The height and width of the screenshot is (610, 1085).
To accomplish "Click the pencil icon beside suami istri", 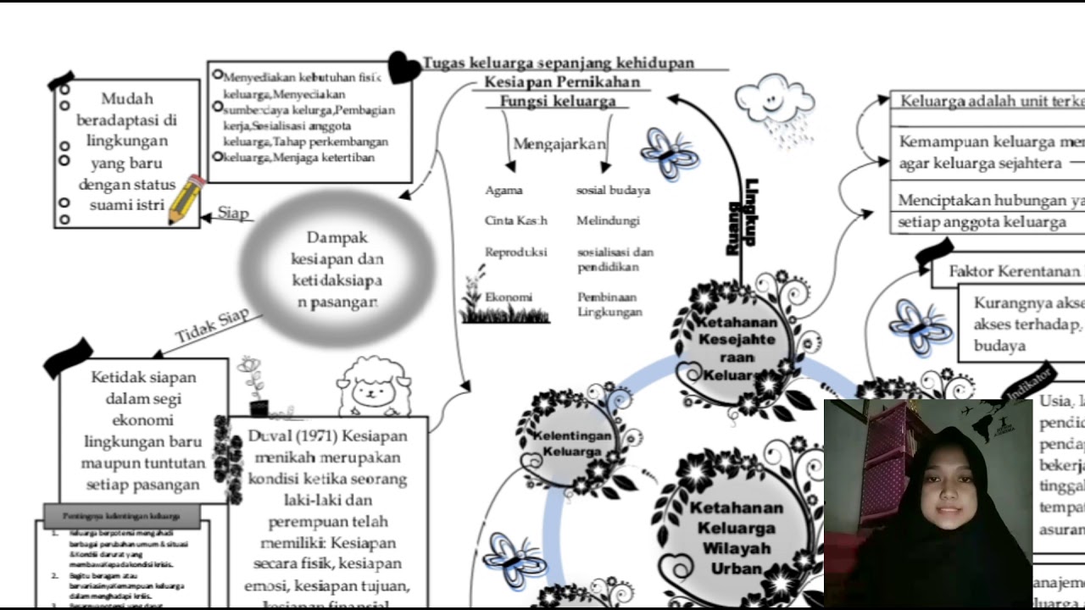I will click(186, 200).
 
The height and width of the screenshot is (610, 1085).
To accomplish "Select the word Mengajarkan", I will click(559, 143).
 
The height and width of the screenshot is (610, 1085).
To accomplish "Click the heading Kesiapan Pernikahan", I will click(562, 82).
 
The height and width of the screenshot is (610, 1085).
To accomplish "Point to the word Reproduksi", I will click(515, 252).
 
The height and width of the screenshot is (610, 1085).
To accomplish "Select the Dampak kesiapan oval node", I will click(337, 269).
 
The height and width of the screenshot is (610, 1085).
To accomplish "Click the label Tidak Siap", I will click(212, 325).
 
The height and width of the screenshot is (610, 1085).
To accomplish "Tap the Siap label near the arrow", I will click(233, 213).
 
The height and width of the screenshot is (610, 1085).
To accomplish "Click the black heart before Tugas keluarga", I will click(403, 68).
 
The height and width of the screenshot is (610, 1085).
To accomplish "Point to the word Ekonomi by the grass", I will click(509, 297).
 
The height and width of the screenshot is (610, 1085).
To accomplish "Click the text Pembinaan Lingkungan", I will click(609, 304).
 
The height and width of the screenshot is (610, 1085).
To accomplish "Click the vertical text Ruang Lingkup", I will click(742, 216).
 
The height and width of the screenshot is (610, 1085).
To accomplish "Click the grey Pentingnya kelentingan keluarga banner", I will click(121, 514).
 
